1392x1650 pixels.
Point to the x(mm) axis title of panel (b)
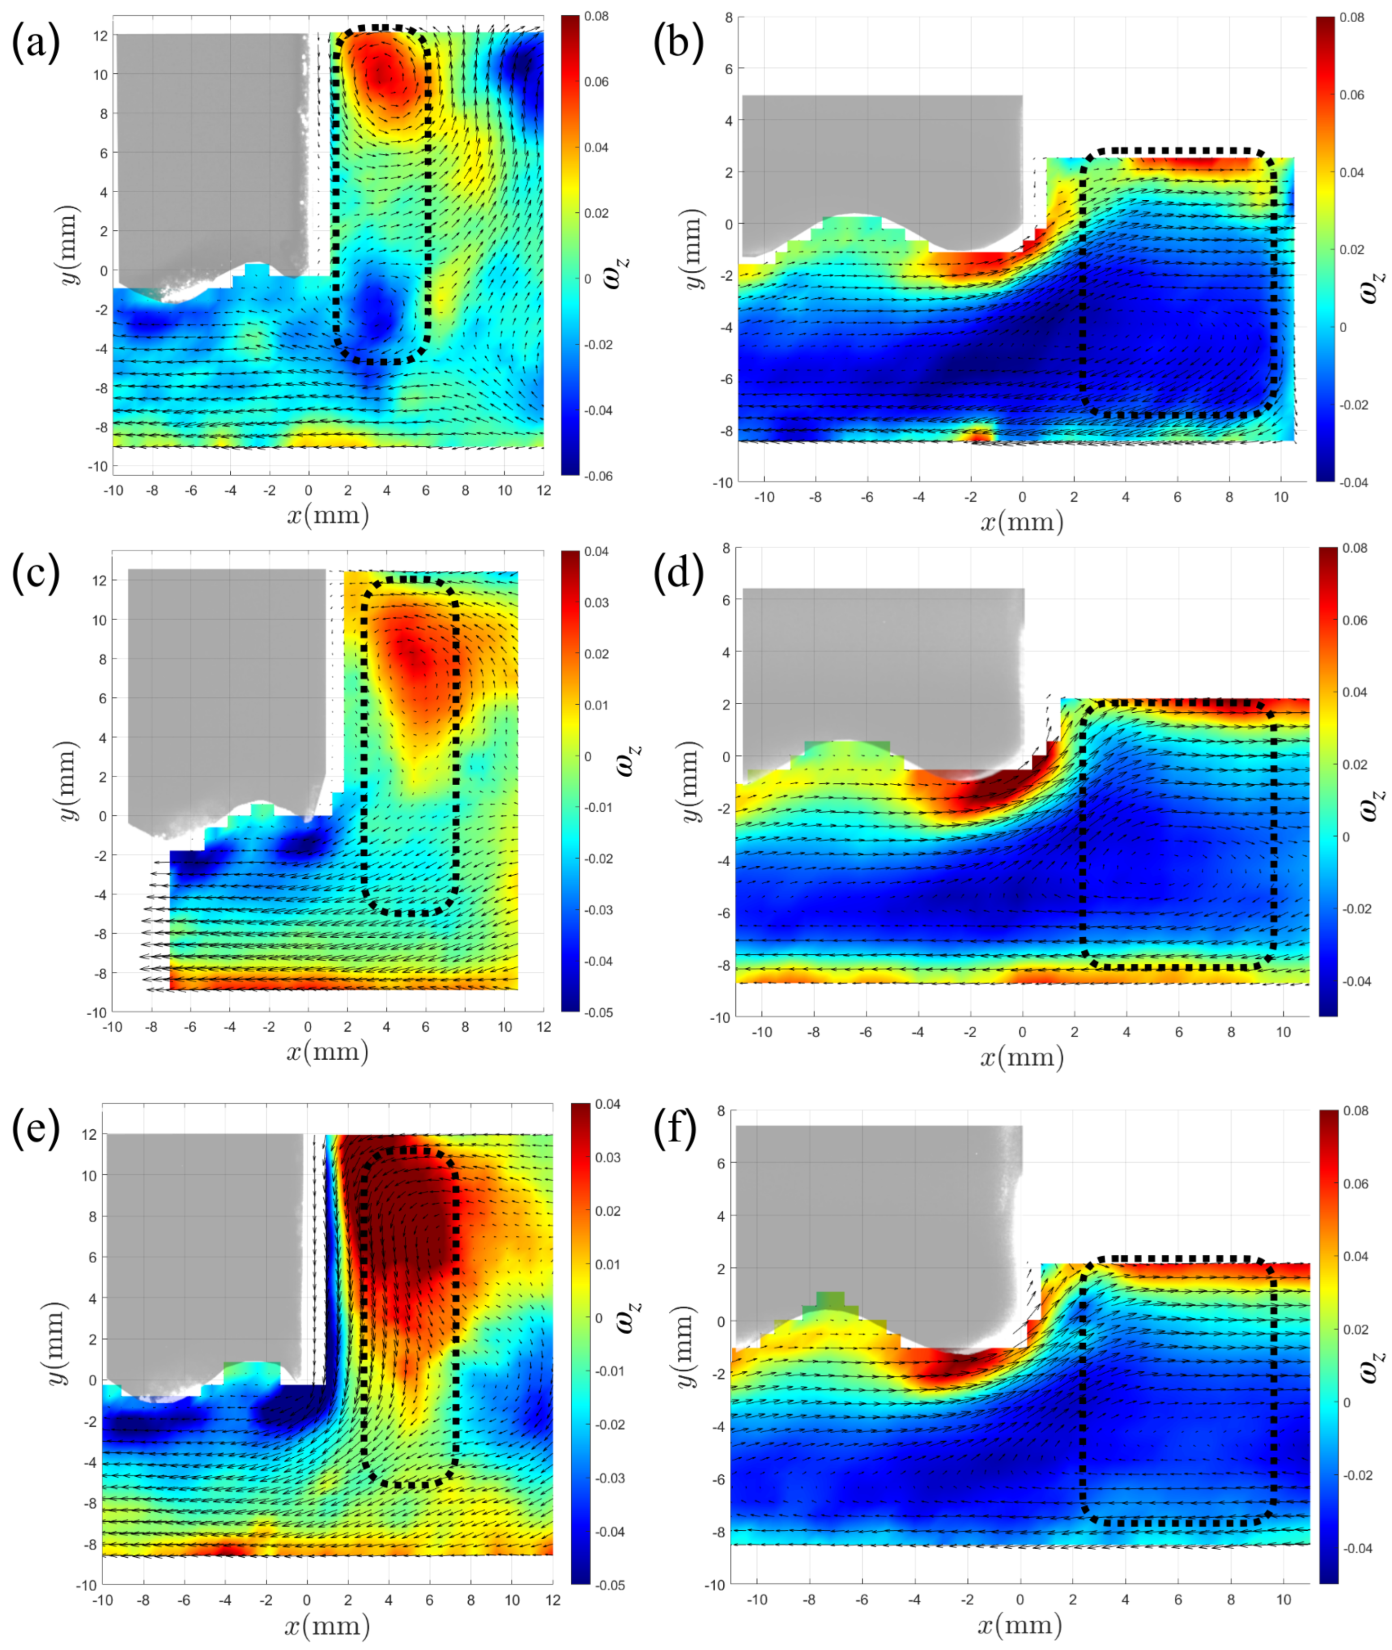[x=1022, y=522]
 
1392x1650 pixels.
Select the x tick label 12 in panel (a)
[x=543, y=491]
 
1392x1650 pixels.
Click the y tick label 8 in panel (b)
[x=728, y=18]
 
